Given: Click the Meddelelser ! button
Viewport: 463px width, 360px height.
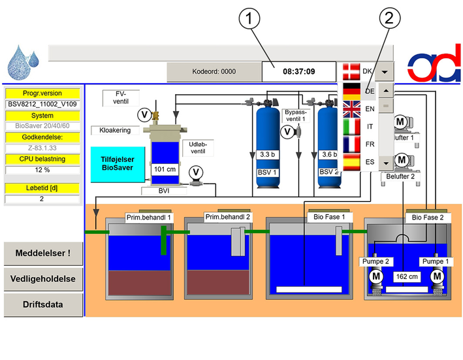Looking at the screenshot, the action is click(43, 254).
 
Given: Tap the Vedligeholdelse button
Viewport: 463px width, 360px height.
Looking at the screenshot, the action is click(43, 279).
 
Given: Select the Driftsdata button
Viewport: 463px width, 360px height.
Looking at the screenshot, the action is click(43, 304).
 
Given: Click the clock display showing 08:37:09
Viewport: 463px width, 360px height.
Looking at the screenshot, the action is click(299, 71).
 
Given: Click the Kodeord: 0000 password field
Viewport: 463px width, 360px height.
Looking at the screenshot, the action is click(214, 71).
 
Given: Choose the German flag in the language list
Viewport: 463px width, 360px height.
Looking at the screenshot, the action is click(351, 91).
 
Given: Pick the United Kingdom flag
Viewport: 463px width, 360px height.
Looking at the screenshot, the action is click(351, 109).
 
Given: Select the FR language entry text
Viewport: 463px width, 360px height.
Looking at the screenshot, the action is click(370, 144).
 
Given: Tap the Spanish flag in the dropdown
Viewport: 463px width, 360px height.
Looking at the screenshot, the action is click(351, 162).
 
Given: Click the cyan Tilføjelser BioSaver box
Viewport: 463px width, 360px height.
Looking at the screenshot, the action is click(118, 164).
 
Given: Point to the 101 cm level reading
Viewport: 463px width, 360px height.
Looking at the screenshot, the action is click(165, 169).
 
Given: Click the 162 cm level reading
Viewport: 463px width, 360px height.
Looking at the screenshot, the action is click(407, 277).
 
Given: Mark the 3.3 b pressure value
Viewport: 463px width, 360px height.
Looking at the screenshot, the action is click(267, 154).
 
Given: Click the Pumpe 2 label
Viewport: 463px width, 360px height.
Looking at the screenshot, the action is click(375, 261).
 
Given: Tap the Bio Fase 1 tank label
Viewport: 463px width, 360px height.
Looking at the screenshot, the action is click(329, 217).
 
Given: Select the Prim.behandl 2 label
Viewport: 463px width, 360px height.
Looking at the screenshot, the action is click(227, 217).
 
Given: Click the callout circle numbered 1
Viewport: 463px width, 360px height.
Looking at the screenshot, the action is click(249, 18).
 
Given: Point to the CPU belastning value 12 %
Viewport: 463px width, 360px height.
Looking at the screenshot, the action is click(42, 170).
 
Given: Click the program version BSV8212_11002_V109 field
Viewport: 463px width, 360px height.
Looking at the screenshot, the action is click(42, 105).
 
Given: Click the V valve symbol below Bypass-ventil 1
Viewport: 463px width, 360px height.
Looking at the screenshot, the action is click(287, 131).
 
